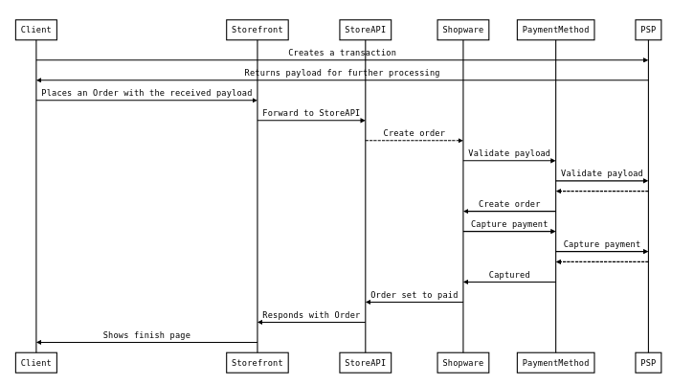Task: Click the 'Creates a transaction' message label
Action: tap(342, 53)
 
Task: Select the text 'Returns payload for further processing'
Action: tap(342, 73)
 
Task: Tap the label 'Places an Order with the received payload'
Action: tap(146, 93)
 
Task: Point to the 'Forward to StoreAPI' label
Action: tap(311, 113)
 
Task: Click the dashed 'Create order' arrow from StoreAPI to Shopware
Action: tap(414, 141)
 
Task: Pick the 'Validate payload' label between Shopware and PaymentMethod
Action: tap(509, 153)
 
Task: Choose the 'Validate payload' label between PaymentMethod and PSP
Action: tap(601, 173)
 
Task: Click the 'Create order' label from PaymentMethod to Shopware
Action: tap(509, 204)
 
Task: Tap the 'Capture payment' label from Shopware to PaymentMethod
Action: tap(509, 224)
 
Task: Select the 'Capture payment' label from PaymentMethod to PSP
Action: tap(601, 244)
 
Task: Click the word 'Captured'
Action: tap(509, 275)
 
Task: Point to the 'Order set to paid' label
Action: tap(414, 295)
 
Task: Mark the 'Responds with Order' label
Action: tap(311, 315)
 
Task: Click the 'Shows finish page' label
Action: tap(146, 335)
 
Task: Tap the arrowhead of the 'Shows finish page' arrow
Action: tap(40, 342)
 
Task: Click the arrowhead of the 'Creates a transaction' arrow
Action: tap(644, 60)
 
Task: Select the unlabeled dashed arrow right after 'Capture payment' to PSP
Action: tap(601, 261)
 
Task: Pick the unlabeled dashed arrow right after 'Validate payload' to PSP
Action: tap(601, 191)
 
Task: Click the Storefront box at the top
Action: tap(257, 30)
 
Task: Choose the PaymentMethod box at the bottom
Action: tap(555, 363)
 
